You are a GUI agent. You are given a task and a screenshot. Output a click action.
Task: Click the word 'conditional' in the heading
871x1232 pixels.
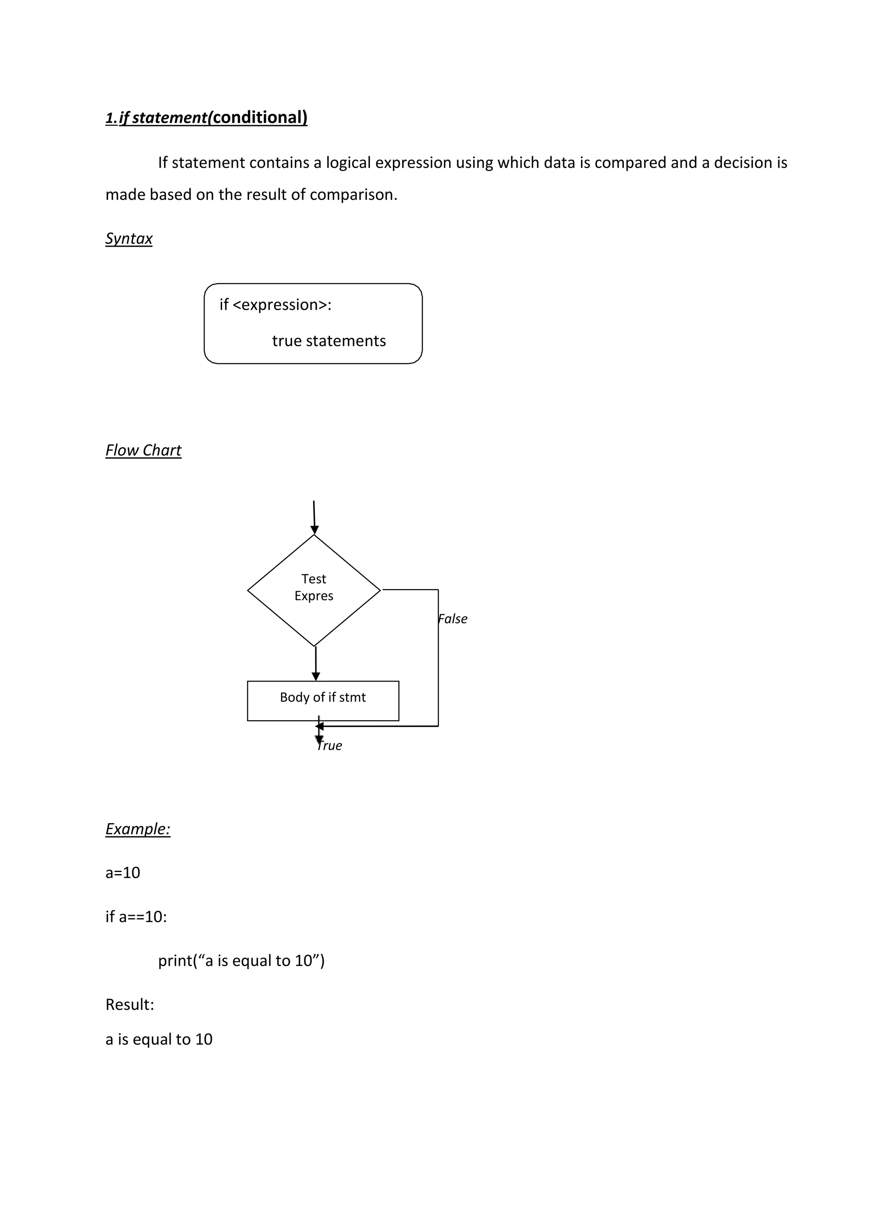(x=257, y=117)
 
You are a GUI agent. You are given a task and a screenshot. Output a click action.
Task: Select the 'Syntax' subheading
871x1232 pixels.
(x=129, y=238)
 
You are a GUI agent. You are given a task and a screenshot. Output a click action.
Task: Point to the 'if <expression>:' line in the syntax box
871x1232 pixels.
(x=275, y=305)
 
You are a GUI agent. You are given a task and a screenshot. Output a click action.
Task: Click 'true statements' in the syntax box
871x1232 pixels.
(x=329, y=341)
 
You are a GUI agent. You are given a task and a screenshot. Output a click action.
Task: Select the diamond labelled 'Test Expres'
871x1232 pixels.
(x=314, y=590)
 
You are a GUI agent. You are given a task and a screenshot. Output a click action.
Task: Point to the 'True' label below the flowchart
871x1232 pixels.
(x=329, y=745)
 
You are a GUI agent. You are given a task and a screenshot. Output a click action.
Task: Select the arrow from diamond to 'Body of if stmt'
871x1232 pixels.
(x=316, y=663)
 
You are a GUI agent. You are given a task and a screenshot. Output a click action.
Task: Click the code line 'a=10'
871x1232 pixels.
(x=123, y=873)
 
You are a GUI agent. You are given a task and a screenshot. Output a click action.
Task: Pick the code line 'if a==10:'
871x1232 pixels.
(x=136, y=916)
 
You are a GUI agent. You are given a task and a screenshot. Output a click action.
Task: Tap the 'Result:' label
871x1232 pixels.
(x=130, y=1004)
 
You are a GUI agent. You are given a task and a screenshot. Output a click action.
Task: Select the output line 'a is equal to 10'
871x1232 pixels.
(x=159, y=1039)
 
